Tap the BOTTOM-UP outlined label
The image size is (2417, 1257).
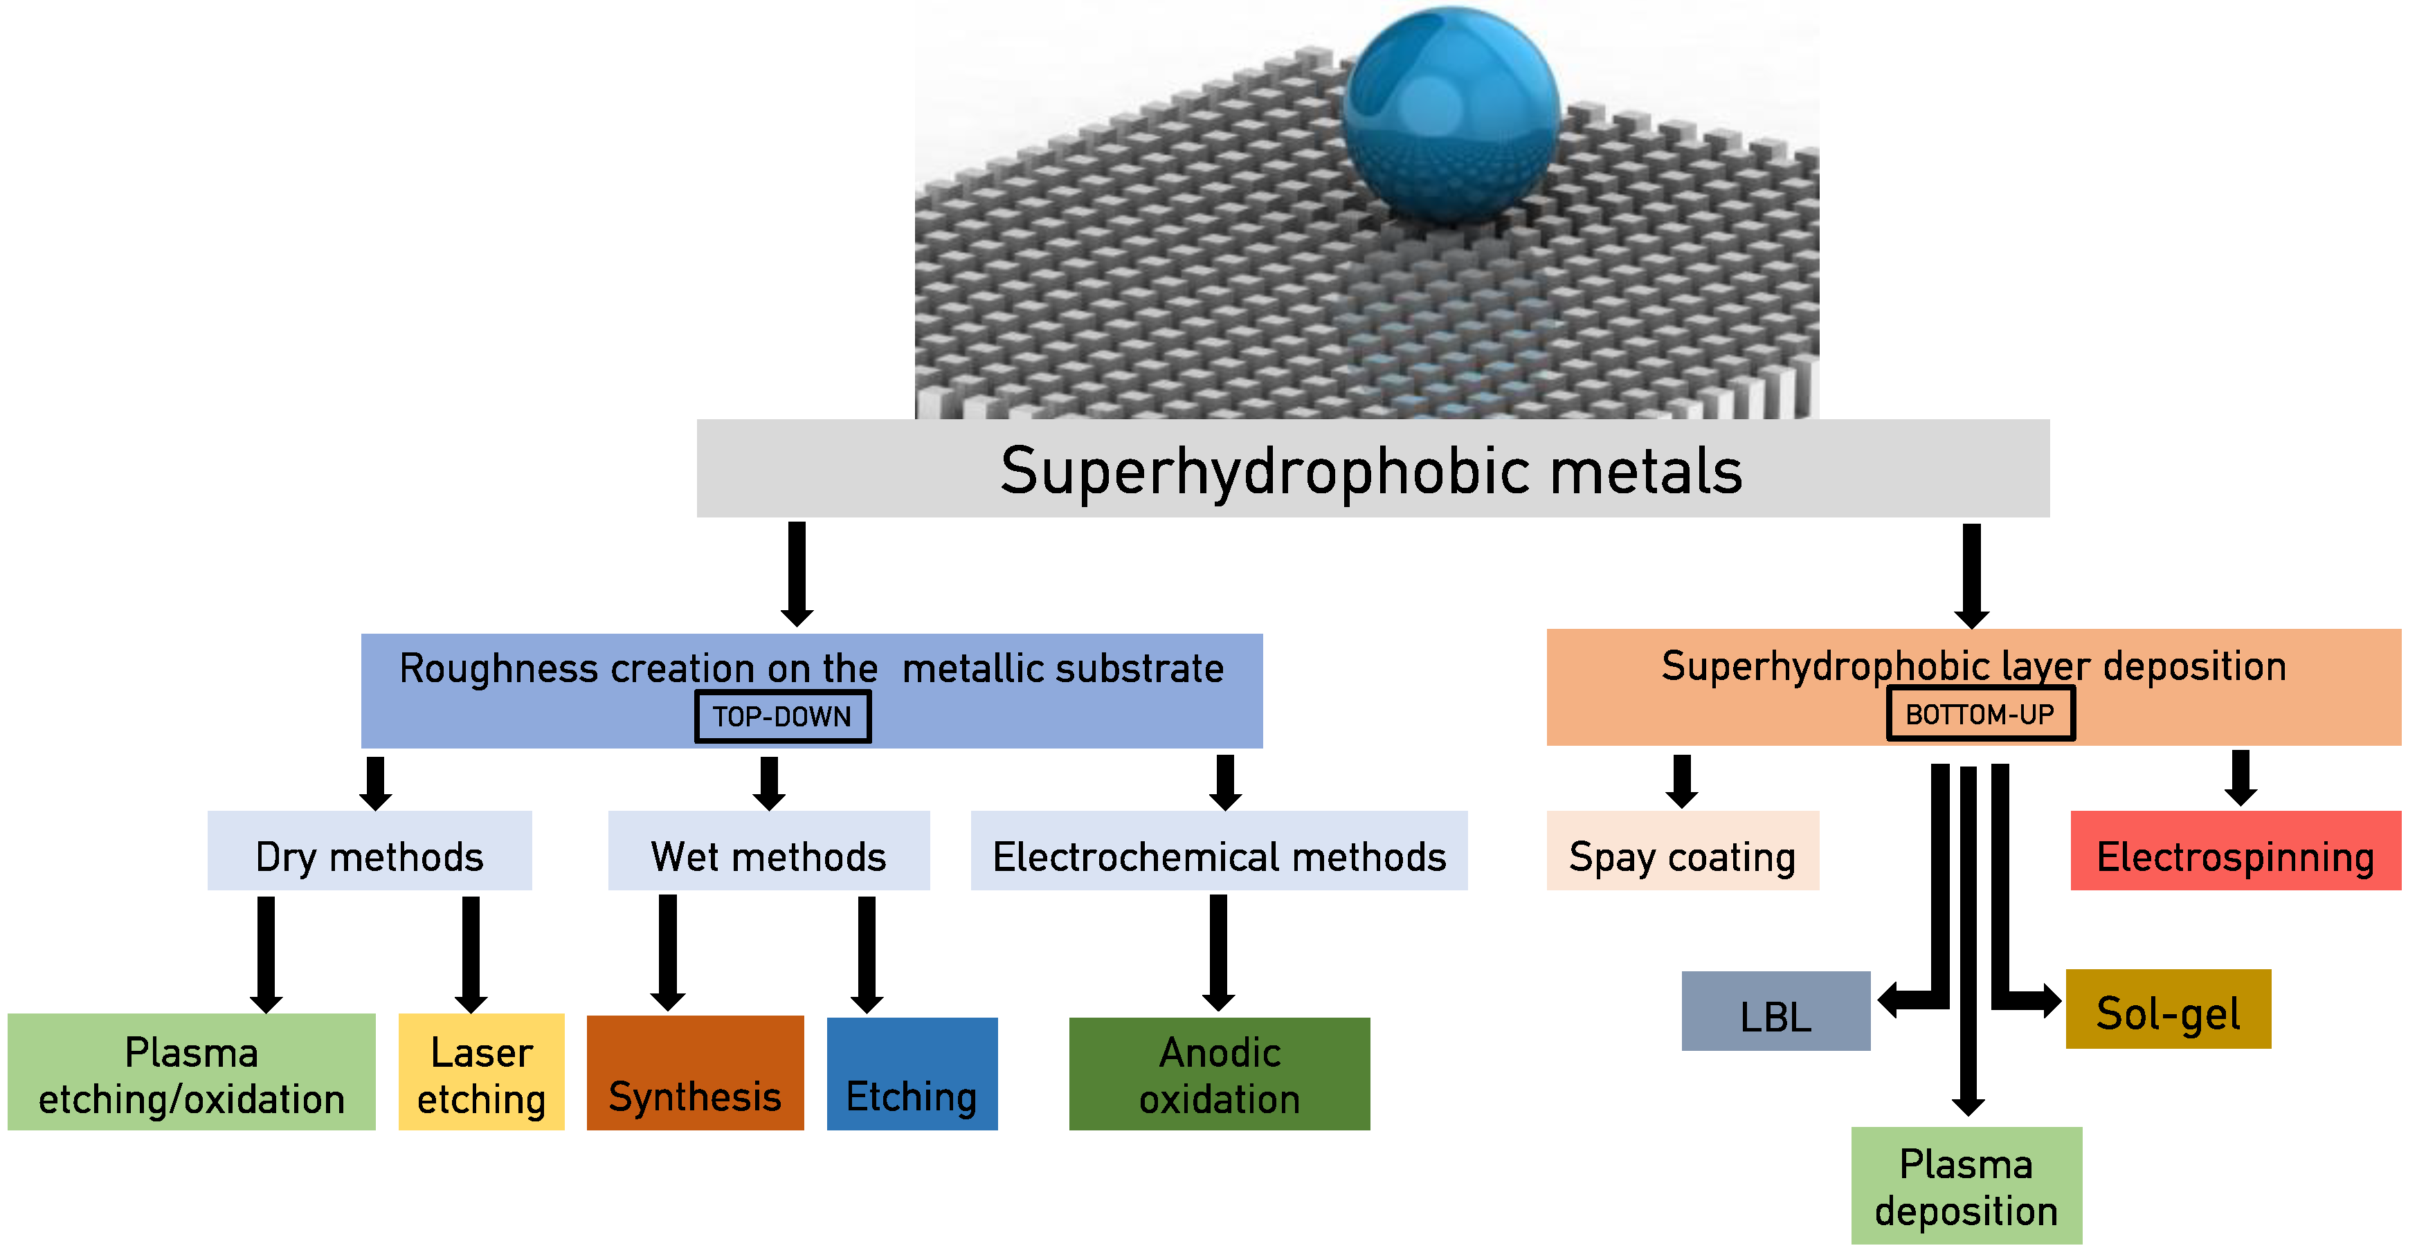click(1980, 714)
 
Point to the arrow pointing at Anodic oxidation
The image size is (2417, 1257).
click(1218, 952)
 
